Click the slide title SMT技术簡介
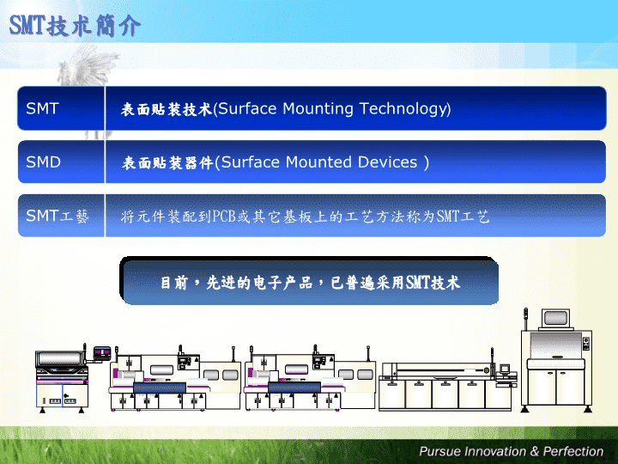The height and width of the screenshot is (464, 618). coord(75,26)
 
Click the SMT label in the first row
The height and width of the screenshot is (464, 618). coord(43,108)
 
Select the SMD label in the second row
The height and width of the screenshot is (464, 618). coord(44,162)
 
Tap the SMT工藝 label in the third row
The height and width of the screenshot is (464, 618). coord(58,216)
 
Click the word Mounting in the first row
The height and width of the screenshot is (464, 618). coord(318,109)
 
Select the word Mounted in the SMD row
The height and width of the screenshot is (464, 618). coord(318,162)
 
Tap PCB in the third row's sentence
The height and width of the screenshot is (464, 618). coord(224,217)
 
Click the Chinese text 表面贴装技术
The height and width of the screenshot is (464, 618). coord(167,109)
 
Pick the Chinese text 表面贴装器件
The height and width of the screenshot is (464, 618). coord(167,162)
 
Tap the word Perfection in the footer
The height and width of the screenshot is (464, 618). coord(573,451)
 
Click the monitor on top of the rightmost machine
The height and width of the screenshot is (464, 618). coord(555,319)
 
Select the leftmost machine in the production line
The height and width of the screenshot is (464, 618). coord(62,379)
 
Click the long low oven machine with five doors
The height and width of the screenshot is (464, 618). coord(445,386)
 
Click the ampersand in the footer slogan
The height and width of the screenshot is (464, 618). coord(535,451)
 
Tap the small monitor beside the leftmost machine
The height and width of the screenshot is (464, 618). coord(102,352)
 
